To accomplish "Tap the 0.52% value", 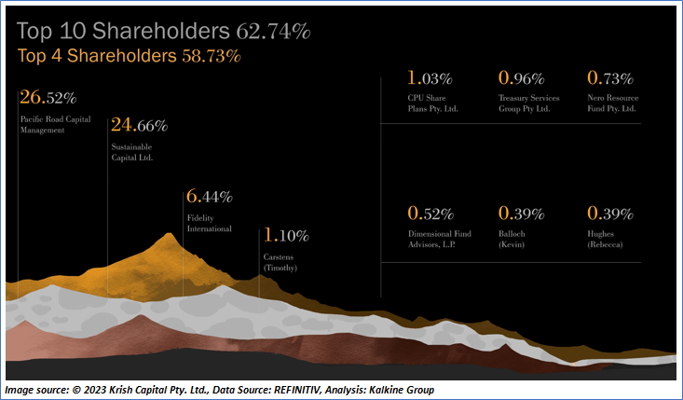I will coord(430,214).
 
